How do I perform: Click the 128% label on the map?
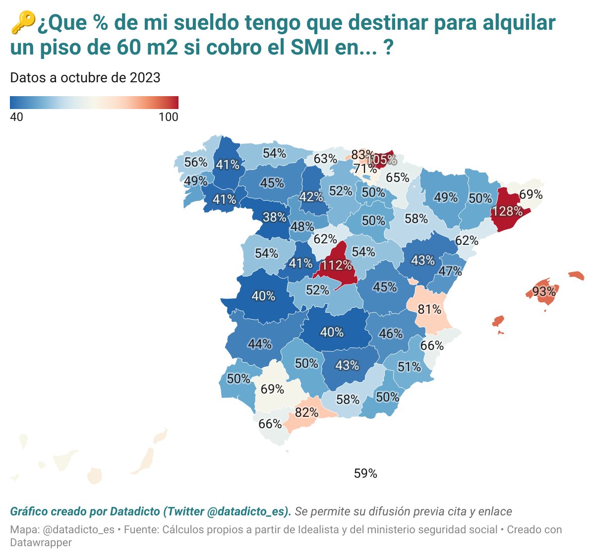pos(507,211)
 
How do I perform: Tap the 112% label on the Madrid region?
pos(336,265)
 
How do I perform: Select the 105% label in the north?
pos(382,160)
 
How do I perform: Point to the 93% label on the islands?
pos(544,291)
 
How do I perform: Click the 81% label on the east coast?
pos(429,310)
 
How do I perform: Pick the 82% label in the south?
pos(306,412)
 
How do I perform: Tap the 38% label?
pos(274,217)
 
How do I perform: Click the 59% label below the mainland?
pos(365,474)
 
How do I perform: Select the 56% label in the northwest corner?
pos(196,163)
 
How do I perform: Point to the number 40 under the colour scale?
pos(16,117)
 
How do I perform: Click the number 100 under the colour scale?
pos(168,117)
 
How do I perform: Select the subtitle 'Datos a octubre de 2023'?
pos(85,78)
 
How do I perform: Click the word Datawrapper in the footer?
pos(41,542)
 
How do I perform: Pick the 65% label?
pos(398,177)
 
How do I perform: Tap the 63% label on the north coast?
pos(325,159)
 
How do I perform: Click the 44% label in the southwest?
pos(260,343)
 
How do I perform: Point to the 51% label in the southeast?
pos(409,367)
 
